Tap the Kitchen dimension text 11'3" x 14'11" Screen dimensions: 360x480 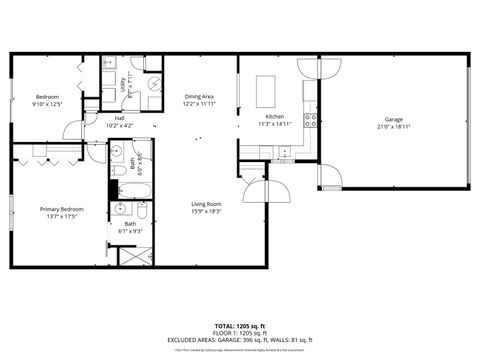pos(274,125)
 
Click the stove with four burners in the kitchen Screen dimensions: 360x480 pos(311,121)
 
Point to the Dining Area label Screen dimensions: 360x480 pos(200,97)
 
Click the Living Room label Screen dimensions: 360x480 pos(206,204)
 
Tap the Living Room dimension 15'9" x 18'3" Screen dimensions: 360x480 pos(206,212)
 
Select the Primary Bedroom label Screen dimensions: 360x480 pos(61,209)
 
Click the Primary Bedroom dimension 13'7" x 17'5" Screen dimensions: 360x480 pos(61,217)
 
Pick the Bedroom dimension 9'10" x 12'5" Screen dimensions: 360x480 pos(47,104)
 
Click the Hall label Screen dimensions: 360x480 pos(119,118)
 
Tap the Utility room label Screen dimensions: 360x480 pos(124,86)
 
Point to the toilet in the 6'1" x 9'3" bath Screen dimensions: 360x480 pos(141,212)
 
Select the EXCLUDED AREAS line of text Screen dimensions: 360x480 pos(239,340)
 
